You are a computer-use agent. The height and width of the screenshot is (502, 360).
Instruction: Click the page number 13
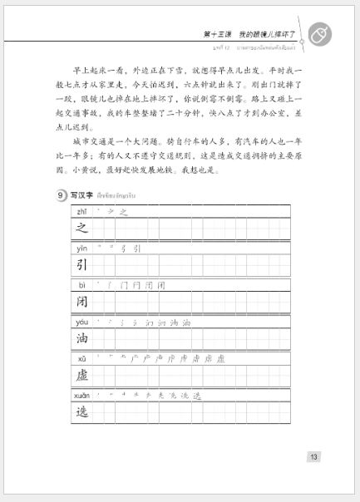pos(313,456)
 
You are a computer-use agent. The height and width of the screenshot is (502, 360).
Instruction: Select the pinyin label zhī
pos(81,212)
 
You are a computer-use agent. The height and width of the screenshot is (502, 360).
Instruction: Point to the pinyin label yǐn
pos(81,249)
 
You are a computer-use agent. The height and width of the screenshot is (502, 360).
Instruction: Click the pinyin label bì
pos(81,285)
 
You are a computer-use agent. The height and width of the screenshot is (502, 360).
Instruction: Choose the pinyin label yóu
pos(82,322)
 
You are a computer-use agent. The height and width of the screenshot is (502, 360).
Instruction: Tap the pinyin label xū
pos(81,358)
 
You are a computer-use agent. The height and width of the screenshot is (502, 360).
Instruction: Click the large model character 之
pos(82,229)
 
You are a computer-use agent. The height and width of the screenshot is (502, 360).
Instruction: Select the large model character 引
pos(82,265)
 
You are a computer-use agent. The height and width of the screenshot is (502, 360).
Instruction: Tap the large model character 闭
pos(82,302)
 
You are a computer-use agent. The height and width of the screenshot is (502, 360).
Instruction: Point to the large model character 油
pos(82,338)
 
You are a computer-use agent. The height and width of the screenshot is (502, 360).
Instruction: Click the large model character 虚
pos(82,375)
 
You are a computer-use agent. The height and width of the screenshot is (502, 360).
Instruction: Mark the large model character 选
pos(82,411)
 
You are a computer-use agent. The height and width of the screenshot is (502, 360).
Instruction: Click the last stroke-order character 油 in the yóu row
pos(186,322)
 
